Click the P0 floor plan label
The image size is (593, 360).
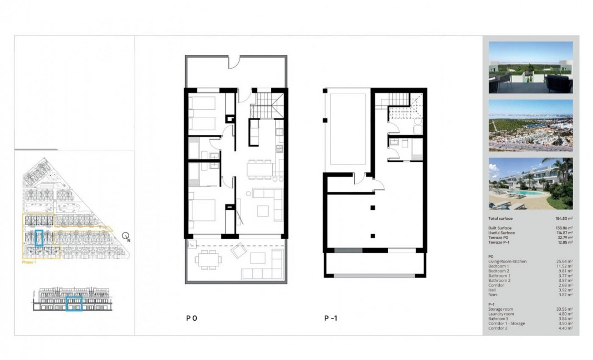tap(191, 318)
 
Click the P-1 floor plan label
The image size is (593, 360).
tap(331, 318)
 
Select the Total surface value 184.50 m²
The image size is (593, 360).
tap(563, 219)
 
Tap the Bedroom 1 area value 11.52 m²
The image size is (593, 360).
tap(565, 266)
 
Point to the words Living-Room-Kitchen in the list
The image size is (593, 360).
tap(507, 261)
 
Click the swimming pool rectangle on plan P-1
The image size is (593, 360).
tap(347, 129)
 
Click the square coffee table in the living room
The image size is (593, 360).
tap(263, 211)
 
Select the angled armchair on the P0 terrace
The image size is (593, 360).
tap(238, 252)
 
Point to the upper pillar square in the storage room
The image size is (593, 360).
tap(373, 208)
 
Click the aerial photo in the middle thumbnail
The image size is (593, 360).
tap(530, 126)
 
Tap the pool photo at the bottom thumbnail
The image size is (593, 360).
tap(530, 184)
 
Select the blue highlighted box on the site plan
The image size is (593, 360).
tap(39, 238)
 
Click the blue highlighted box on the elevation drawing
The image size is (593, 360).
tap(74, 304)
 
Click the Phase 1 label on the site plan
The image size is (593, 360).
tap(29, 263)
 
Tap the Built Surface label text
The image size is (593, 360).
tap(500, 228)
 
